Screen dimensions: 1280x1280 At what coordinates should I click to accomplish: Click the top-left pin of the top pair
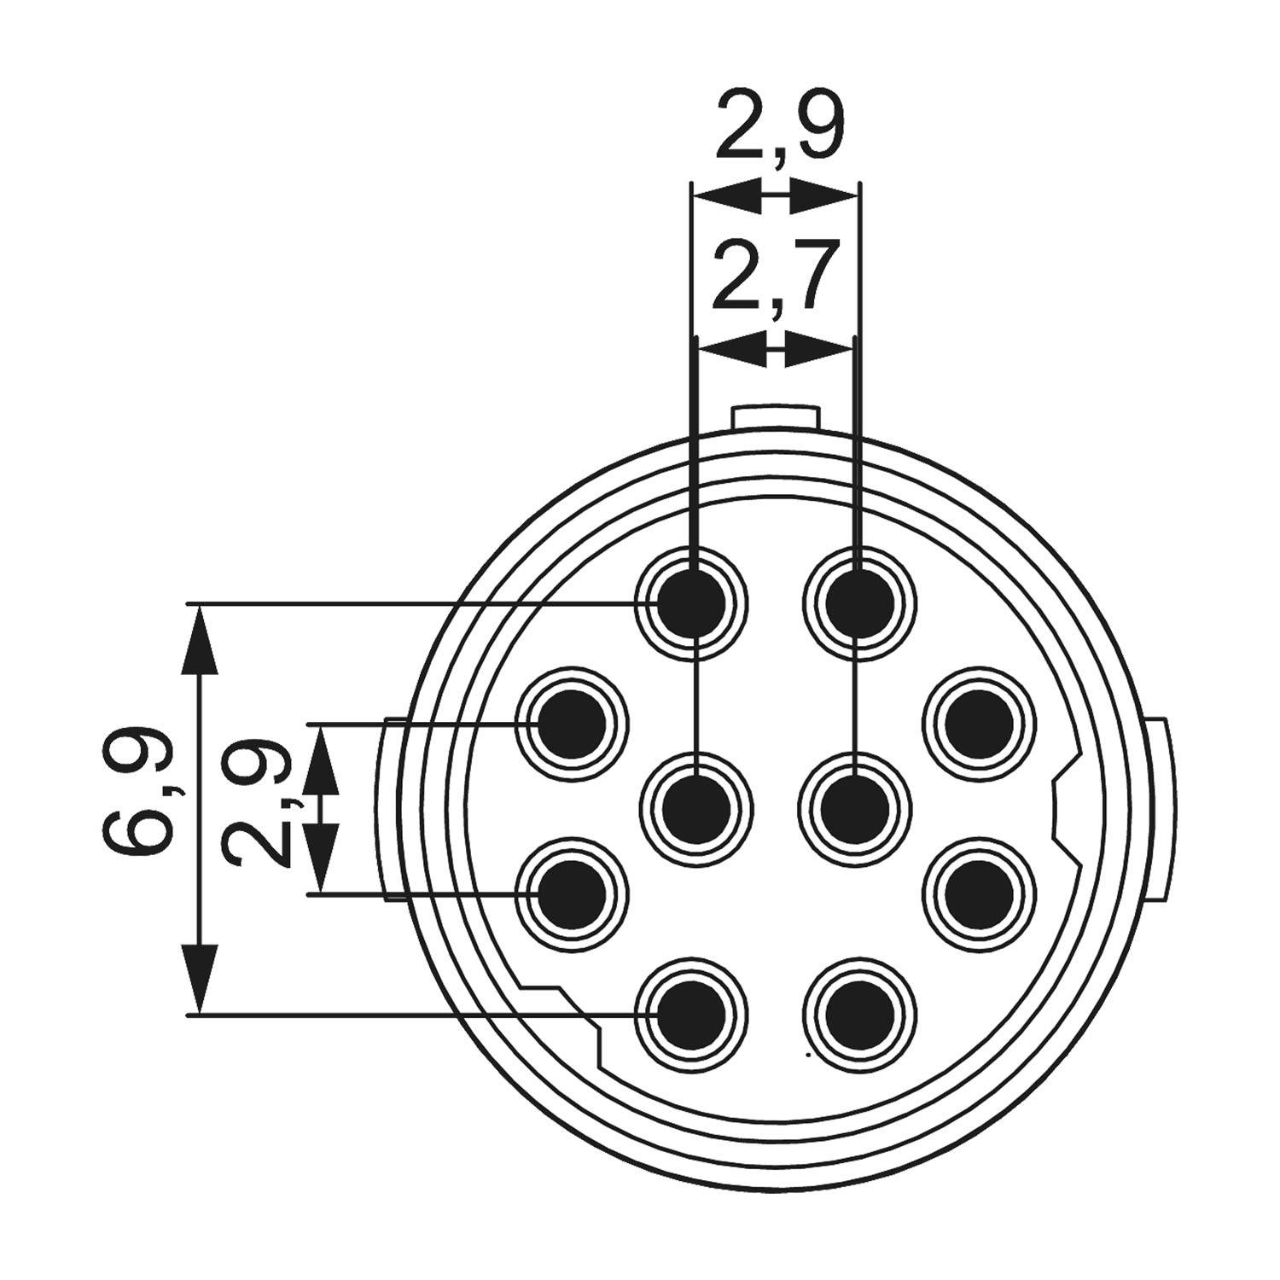pyautogui.click(x=692, y=603)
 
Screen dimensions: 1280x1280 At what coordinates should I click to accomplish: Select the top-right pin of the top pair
pyautogui.click(x=860, y=603)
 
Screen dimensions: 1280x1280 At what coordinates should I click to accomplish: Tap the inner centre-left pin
pyautogui.click(x=696, y=809)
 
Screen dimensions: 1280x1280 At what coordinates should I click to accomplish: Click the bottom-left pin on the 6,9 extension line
pyautogui.click(x=692, y=1015)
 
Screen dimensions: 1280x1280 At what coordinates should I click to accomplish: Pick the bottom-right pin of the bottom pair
pyautogui.click(x=860, y=1015)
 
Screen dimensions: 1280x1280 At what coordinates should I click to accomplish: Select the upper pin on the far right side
pyautogui.click(x=979, y=724)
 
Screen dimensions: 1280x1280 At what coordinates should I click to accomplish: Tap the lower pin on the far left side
pyautogui.click(x=572, y=894)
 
